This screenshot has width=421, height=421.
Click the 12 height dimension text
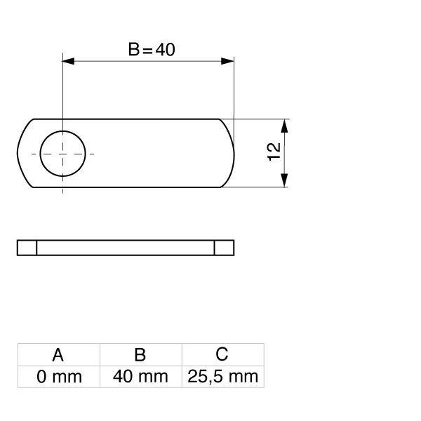tap(274, 152)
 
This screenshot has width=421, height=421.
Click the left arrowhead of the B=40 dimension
tap(69, 61)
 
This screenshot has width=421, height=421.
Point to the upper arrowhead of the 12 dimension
tap(284, 125)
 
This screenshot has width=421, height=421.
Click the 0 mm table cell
tap(59, 377)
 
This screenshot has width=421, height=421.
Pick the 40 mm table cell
tap(140, 377)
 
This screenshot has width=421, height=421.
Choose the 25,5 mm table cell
tap(222, 377)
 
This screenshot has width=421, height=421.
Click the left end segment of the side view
tap(27, 248)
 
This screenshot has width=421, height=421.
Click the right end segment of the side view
tap(225, 248)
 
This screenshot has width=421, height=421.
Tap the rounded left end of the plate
tap(23, 152)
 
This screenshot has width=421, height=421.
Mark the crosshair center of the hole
tap(63, 152)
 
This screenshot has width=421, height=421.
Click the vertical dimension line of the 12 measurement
tap(284, 152)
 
